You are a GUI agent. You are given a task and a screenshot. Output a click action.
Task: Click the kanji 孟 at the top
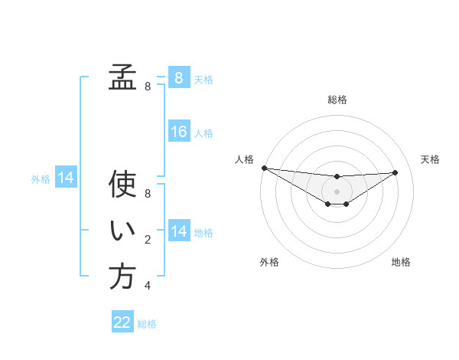click(x=122, y=77)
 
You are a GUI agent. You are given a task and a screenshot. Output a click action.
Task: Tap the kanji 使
click(x=122, y=185)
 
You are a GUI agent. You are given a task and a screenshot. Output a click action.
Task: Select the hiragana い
click(x=122, y=232)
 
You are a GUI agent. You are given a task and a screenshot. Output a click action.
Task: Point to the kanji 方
click(x=122, y=277)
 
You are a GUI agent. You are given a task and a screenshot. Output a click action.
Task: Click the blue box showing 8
click(x=178, y=77)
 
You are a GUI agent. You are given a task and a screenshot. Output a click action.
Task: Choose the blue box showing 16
click(x=178, y=132)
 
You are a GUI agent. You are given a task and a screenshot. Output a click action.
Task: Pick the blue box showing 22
click(x=122, y=322)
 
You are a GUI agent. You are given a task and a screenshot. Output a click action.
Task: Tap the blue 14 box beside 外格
click(x=66, y=178)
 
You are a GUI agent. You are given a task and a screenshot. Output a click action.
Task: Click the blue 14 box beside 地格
click(x=178, y=231)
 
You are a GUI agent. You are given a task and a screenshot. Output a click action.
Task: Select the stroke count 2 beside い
click(x=148, y=241)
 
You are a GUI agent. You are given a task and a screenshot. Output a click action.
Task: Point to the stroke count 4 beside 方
click(x=148, y=286)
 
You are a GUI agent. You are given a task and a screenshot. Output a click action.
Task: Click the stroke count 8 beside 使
click(x=148, y=195)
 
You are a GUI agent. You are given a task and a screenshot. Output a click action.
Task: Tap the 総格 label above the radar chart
click(x=337, y=100)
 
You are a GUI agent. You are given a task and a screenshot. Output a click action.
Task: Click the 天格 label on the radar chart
click(x=430, y=159)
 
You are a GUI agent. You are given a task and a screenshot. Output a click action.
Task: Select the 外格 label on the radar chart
click(x=269, y=262)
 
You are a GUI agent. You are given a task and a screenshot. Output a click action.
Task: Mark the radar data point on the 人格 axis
click(x=264, y=168)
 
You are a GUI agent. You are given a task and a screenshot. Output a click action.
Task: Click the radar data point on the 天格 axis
click(x=395, y=172)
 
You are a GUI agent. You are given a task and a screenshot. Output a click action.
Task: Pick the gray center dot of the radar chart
click(x=337, y=191)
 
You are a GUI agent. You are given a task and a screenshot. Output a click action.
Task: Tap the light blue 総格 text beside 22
click(x=147, y=324)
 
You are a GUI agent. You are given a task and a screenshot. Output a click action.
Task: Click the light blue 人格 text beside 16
click(x=203, y=133)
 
